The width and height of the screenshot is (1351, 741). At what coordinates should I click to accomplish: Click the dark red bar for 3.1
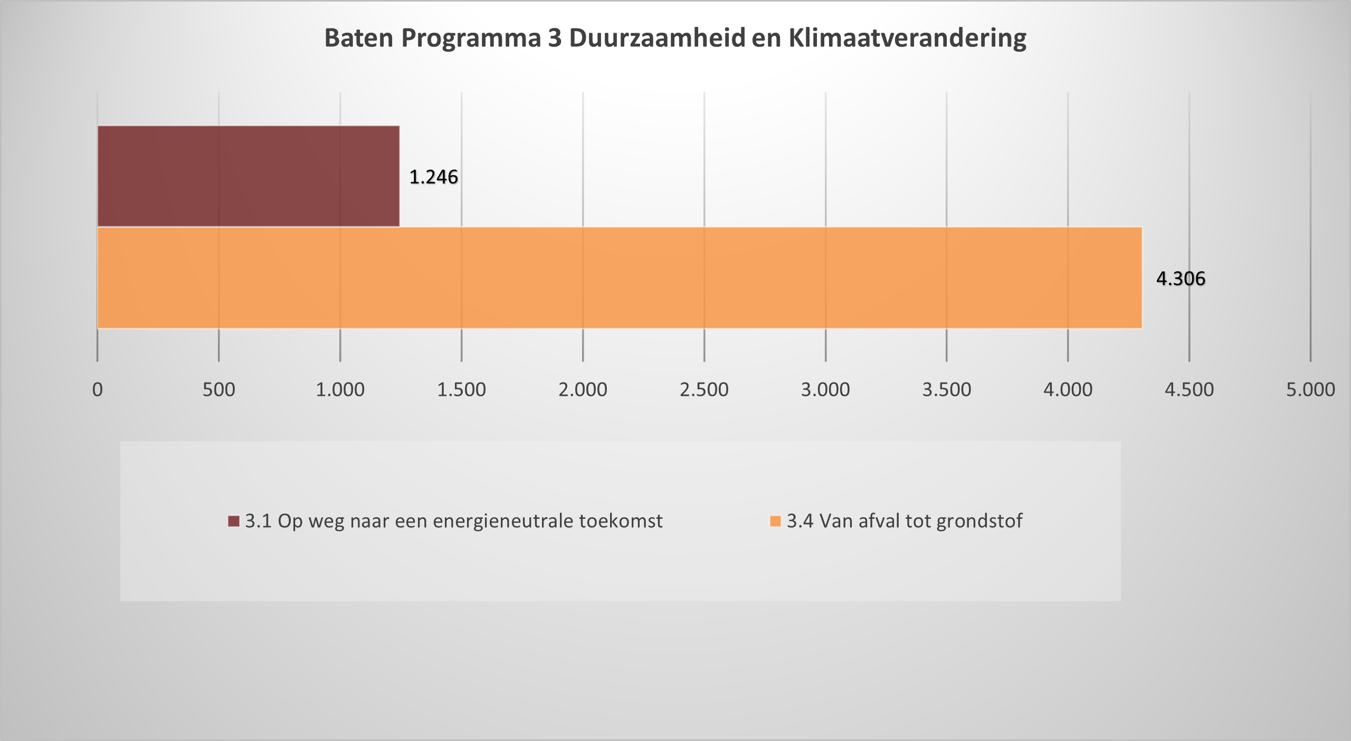(248, 176)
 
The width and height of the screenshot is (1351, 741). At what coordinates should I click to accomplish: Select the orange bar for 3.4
(620, 278)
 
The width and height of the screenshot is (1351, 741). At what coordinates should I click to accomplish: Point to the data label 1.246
(433, 177)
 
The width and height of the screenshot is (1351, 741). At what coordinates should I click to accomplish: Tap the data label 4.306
(1181, 279)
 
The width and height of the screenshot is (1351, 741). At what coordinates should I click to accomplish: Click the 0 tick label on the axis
(98, 390)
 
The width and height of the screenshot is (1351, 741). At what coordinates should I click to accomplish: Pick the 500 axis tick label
(218, 390)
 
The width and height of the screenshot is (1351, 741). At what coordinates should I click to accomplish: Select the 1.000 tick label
(340, 390)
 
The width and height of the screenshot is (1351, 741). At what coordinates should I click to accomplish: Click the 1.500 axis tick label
(461, 390)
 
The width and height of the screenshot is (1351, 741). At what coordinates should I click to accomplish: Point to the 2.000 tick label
(583, 390)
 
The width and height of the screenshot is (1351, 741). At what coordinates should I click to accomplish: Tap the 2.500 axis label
(704, 390)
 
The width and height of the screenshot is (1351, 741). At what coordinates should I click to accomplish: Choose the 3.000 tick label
(825, 390)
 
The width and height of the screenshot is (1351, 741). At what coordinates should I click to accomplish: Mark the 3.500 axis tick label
(947, 390)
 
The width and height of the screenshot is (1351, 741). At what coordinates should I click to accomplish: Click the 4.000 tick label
(1068, 390)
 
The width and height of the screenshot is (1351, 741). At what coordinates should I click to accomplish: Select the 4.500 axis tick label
(1190, 390)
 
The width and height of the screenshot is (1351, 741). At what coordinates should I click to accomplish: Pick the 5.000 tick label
(1310, 390)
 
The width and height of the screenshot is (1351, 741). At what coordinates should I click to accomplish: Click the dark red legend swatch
(234, 521)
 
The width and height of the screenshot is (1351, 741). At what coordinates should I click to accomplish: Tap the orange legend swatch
(775, 521)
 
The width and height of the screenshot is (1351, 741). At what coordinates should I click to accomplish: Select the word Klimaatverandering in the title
(907, 38)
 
